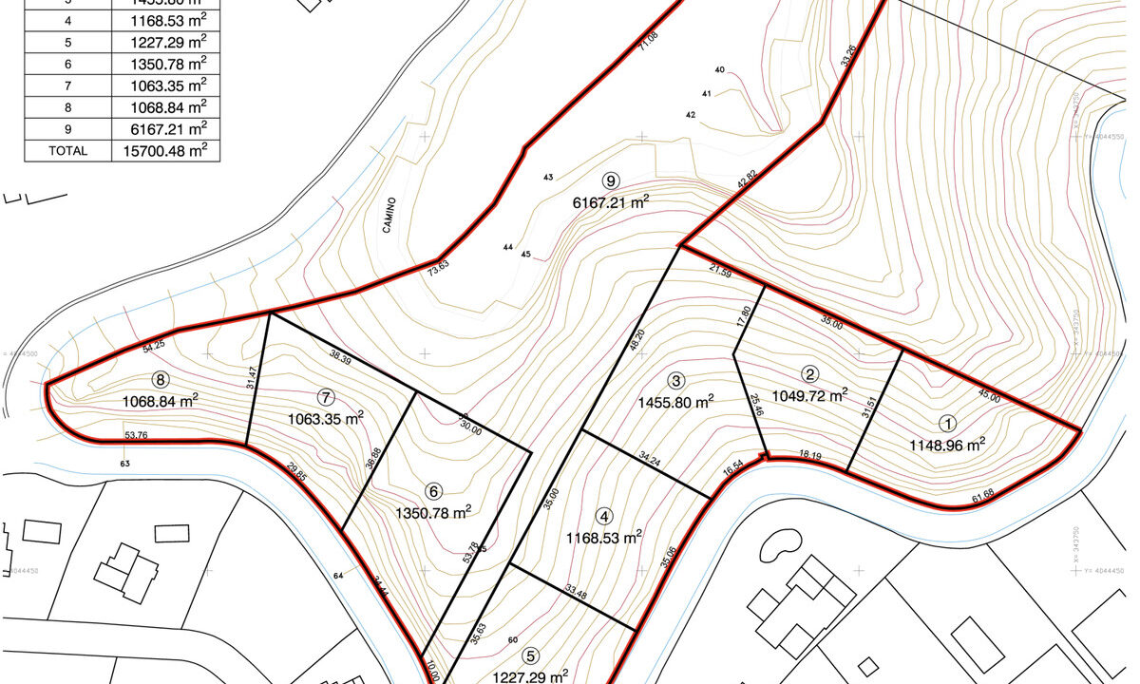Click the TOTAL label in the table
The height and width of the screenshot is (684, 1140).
pyautogui.click(x=68, y=150)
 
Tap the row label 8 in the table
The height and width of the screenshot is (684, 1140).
pyautogui.click(x=68, y=107)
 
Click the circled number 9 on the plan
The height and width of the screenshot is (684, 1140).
pyautogui.click(x=611, y=180)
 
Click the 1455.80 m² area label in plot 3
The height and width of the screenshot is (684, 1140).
pyautogui.click(x=676, y=402)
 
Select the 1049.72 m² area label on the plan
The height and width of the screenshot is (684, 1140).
pyautogui.click(x=809, y=394)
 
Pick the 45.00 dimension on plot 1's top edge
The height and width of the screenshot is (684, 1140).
pyautogui.click(x=988, y=399)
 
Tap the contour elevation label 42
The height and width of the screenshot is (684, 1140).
pyautogui.click(x=691, y=114)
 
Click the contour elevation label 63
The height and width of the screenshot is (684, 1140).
pyautogui.click(x=124, y=464)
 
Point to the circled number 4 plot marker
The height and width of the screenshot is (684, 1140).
pyautogui.click(x=604, y=517)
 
